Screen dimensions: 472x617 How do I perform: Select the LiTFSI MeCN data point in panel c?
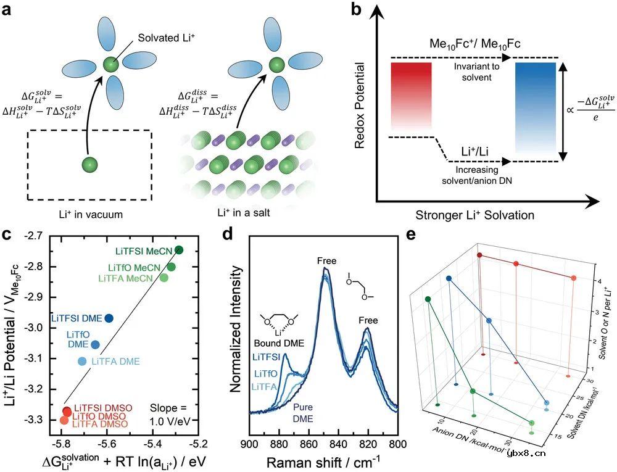coord(179,250)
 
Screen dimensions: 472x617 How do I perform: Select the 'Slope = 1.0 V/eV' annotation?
coord(165,415)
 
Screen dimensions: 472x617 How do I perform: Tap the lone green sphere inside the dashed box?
coord(89,165)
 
